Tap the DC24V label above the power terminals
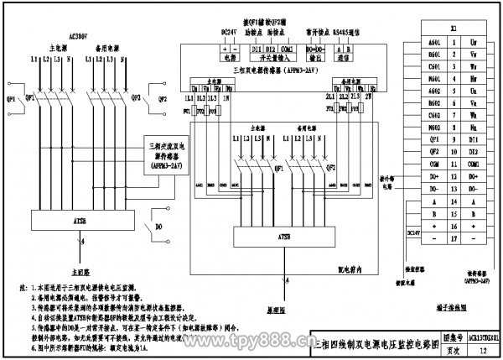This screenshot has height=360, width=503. click(x=229, y=32)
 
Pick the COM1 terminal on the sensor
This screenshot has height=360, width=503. click(x=287, y=50)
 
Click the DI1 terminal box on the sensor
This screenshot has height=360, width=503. click(x=257, y=50)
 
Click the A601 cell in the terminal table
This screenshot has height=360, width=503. click(x=434, y=40)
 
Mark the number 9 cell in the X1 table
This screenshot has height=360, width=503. click(x=453, y=138)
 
